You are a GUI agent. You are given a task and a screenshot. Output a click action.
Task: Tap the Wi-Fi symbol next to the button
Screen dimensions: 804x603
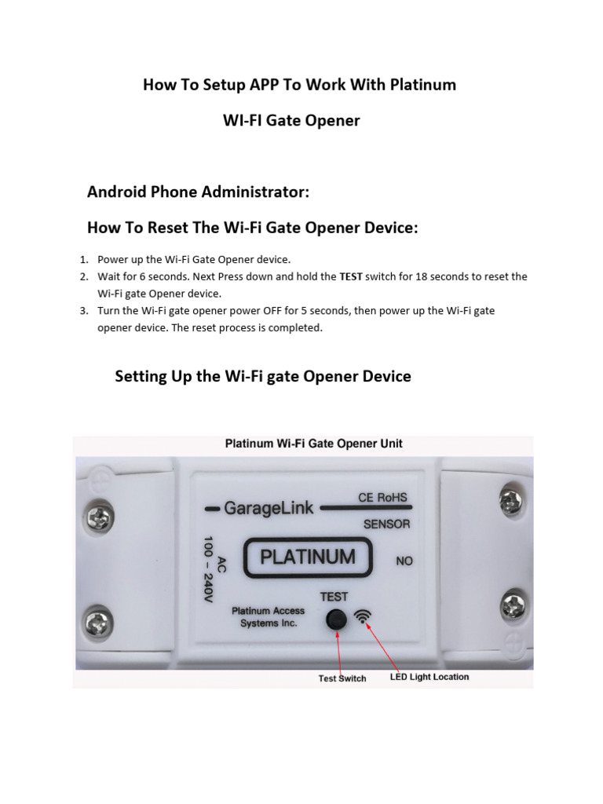click(364, 617)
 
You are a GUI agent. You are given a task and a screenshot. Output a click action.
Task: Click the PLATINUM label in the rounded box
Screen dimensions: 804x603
click(307, 557)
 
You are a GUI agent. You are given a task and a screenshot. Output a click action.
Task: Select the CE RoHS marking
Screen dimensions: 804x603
click(384, 498)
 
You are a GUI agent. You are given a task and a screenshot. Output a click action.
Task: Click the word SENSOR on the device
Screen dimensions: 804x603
click(386, 524)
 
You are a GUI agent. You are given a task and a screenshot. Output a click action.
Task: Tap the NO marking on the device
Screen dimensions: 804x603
click(404, 561)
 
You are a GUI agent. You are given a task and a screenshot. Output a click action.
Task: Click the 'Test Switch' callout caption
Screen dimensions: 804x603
click(342, 678)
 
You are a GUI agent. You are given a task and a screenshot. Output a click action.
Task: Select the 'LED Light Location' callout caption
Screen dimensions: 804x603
click(429, 677)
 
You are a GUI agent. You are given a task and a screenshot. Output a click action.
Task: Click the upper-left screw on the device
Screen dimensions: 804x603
click(100, 516)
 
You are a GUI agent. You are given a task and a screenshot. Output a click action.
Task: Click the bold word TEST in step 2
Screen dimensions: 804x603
click(351, 276)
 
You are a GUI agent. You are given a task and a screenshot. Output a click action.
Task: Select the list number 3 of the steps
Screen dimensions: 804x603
click(84, 311)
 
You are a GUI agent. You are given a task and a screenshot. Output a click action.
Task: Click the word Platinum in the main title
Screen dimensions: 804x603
click(424, 85)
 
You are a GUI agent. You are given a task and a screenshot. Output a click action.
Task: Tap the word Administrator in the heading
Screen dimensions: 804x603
click(252, 192)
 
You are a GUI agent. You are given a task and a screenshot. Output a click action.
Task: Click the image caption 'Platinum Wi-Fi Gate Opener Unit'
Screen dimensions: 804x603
click(313, 444)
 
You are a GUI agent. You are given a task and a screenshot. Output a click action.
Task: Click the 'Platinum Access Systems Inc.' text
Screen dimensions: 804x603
click(269, 616)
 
